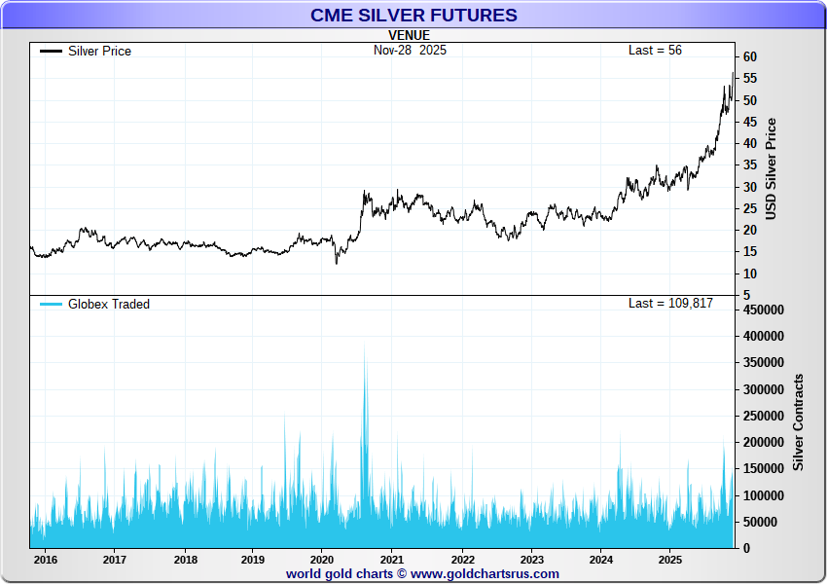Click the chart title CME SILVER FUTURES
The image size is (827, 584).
point(413,16)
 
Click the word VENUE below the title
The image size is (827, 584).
point(409,35)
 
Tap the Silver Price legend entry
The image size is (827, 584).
point(98,51)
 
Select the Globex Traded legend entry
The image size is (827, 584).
point(108,304)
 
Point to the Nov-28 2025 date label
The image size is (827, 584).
point(410,50)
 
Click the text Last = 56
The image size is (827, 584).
point(655,50)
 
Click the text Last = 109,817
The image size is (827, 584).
point(670,303)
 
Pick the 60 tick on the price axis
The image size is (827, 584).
point(749,57)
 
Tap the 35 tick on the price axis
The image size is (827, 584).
point(749,164)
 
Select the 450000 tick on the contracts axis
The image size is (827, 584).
point(764,310)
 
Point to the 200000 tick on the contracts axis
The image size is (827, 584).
point(764,442)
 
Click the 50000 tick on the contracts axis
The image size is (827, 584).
point(760,522)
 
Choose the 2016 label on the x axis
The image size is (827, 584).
point(45,560)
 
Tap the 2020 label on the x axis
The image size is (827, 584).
point(322,560)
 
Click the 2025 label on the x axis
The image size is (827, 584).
point(669,560)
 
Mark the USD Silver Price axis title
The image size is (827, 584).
point(772,168)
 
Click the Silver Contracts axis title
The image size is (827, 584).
point(799,421)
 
